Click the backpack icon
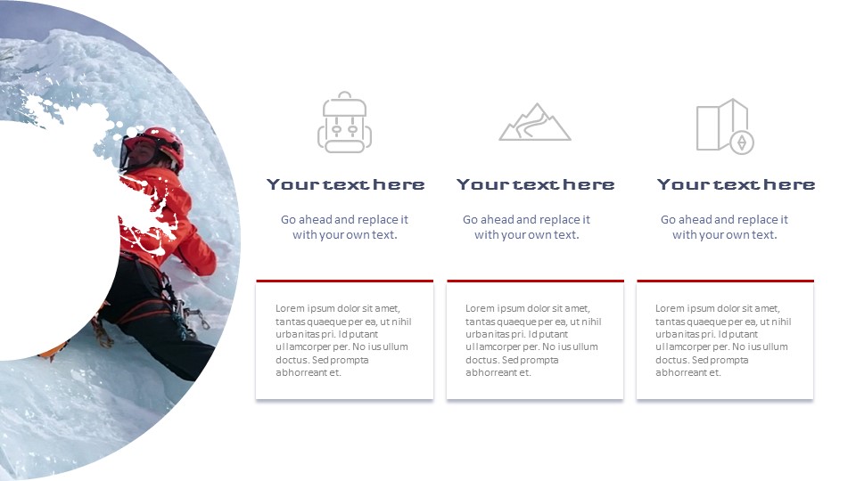point(345,122)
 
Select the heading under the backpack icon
point(345,184)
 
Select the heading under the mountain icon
point(535,184)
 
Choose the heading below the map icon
point(736,184)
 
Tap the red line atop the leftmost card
point(344,281)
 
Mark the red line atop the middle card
point(535,281)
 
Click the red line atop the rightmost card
point(725,281)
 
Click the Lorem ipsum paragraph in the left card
point(343,340)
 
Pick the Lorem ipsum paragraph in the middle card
point(533,340)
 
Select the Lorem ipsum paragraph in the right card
point(723,340)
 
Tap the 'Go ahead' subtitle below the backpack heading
point(344,227)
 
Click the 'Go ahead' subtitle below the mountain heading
point(526,227)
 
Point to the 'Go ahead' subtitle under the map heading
point(724,227)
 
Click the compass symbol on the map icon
point(741,143)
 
